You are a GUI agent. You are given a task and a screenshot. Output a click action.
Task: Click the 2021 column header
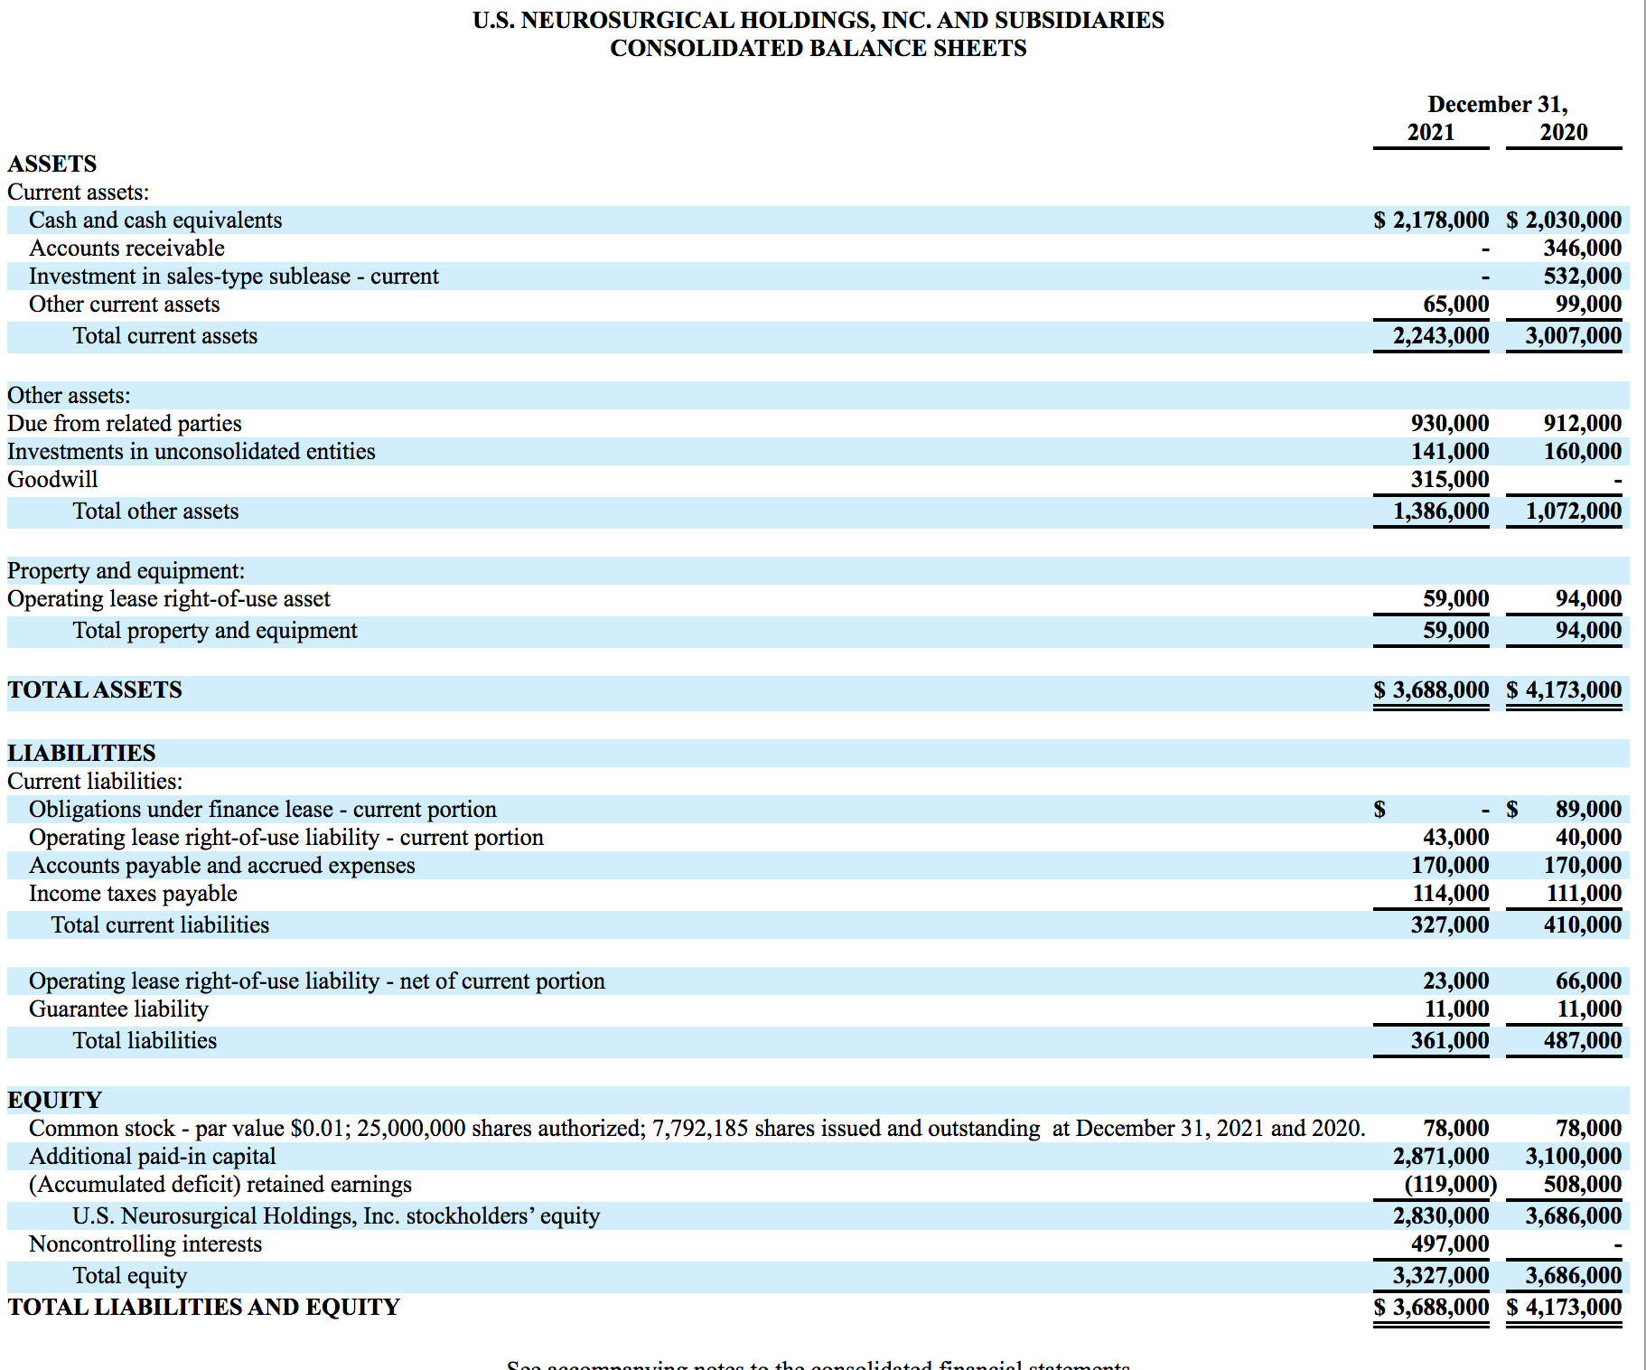(x=1431, y=132)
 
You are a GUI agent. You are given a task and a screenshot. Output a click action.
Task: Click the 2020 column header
(x=1564, y=132)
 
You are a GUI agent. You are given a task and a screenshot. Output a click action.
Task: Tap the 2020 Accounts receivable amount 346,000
(x=1582, y=248)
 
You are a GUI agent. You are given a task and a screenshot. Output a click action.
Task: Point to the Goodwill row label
(x=52, y=479)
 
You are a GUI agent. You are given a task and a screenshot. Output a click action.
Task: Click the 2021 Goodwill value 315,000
(x=1450, y=479)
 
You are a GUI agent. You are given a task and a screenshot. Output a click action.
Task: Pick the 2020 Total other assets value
(x=1573, y=511)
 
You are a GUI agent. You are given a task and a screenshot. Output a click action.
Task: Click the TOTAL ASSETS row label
(x=95, y=690)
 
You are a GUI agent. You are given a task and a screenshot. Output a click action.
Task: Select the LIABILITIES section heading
(x=81, y=753)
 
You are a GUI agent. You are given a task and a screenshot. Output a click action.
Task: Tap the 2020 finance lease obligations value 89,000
(x=1588, y=809)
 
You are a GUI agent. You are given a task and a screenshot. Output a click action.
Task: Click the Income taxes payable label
(x=133, y=893)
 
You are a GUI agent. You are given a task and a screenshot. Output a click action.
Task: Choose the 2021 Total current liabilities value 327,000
(x=1450, y=924)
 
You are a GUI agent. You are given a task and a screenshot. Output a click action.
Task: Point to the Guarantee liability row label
(x=118, y=1009)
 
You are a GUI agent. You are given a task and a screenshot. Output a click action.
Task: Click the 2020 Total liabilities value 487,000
(x=1582, y=1040)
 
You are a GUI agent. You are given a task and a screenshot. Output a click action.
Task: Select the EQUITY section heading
(x=54, y=1100)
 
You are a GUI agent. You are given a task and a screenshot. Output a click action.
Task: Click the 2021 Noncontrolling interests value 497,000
(x=1450, y=1243)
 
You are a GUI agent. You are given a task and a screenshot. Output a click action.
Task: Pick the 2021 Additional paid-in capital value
(x=1440, y=1156)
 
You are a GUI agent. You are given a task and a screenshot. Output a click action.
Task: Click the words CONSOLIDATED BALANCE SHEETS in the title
(x=818, y=48)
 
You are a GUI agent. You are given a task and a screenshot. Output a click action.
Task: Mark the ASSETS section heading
(x=52, y=164)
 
